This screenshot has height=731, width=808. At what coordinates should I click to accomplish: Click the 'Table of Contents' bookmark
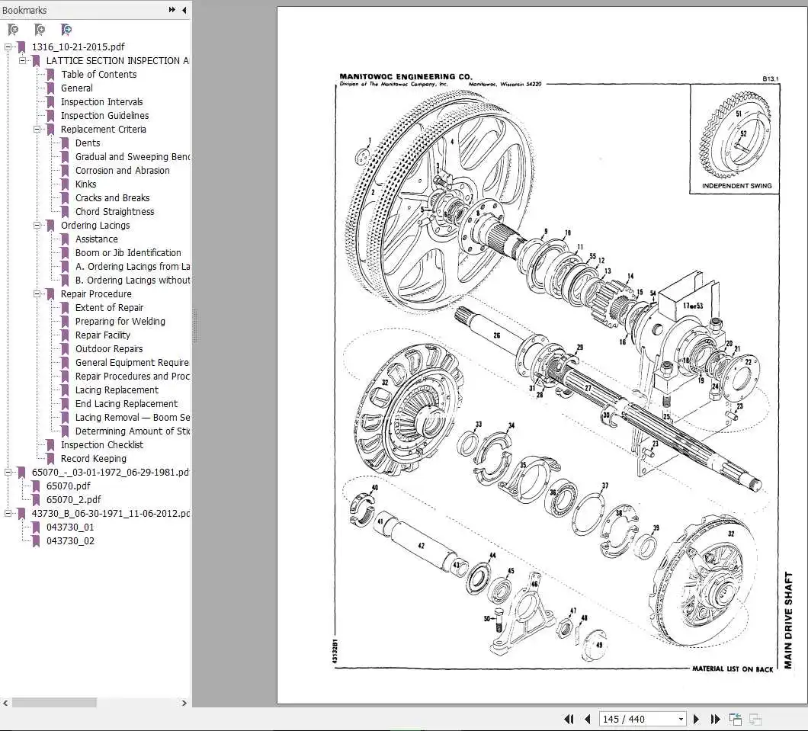99,74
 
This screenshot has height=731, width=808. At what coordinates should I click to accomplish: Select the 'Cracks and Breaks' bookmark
112,197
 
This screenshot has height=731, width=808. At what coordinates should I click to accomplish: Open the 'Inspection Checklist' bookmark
101,444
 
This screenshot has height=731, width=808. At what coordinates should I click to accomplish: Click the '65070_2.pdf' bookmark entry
73,499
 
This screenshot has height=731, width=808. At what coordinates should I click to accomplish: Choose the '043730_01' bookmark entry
70,527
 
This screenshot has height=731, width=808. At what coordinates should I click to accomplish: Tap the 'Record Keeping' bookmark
94,458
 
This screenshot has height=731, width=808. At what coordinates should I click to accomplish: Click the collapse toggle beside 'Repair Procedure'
37,293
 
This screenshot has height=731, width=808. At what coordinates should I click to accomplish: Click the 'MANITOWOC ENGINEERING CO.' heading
406,77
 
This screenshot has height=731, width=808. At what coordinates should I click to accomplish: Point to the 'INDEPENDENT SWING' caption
736,185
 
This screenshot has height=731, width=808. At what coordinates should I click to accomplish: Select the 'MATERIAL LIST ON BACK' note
732,668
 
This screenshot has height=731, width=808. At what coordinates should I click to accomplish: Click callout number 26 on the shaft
496,335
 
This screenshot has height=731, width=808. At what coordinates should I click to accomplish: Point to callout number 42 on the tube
421,547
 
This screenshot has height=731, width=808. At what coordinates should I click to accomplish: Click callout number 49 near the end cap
599,645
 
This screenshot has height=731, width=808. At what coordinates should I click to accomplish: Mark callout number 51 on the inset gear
739,114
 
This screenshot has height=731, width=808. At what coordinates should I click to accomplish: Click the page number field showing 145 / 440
643,719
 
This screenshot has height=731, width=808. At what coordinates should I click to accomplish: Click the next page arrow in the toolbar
695,719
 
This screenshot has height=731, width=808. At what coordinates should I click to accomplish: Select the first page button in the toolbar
569,719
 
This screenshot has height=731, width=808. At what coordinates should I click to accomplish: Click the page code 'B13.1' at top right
770,78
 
